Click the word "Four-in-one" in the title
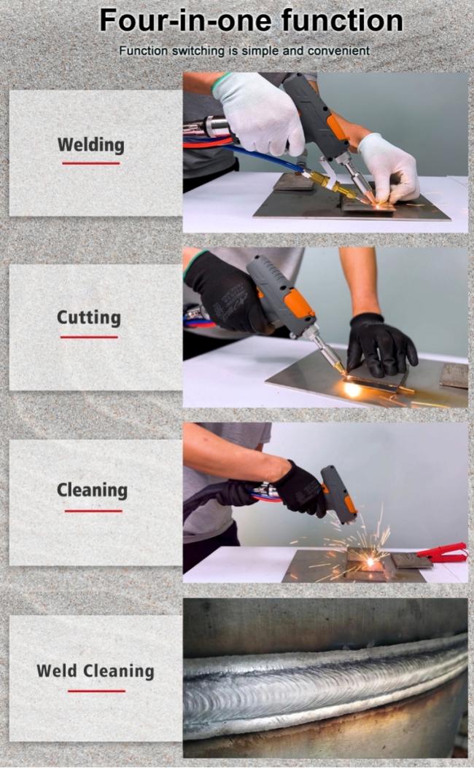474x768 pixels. click(187, 20)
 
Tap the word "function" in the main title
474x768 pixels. click(342, 20)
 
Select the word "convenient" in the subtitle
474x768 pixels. click(338, 50)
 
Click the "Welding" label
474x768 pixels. click(90, 145)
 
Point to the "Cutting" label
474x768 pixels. click(89, 318)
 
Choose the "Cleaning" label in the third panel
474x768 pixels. click(92, 490)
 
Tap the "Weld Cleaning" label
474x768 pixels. click(95, 670)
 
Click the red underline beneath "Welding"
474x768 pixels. click(90, 163)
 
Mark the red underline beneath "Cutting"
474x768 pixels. click(89, 337)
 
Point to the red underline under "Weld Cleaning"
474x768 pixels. click(96, 691)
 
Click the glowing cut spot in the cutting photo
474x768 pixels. click(351, 390)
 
